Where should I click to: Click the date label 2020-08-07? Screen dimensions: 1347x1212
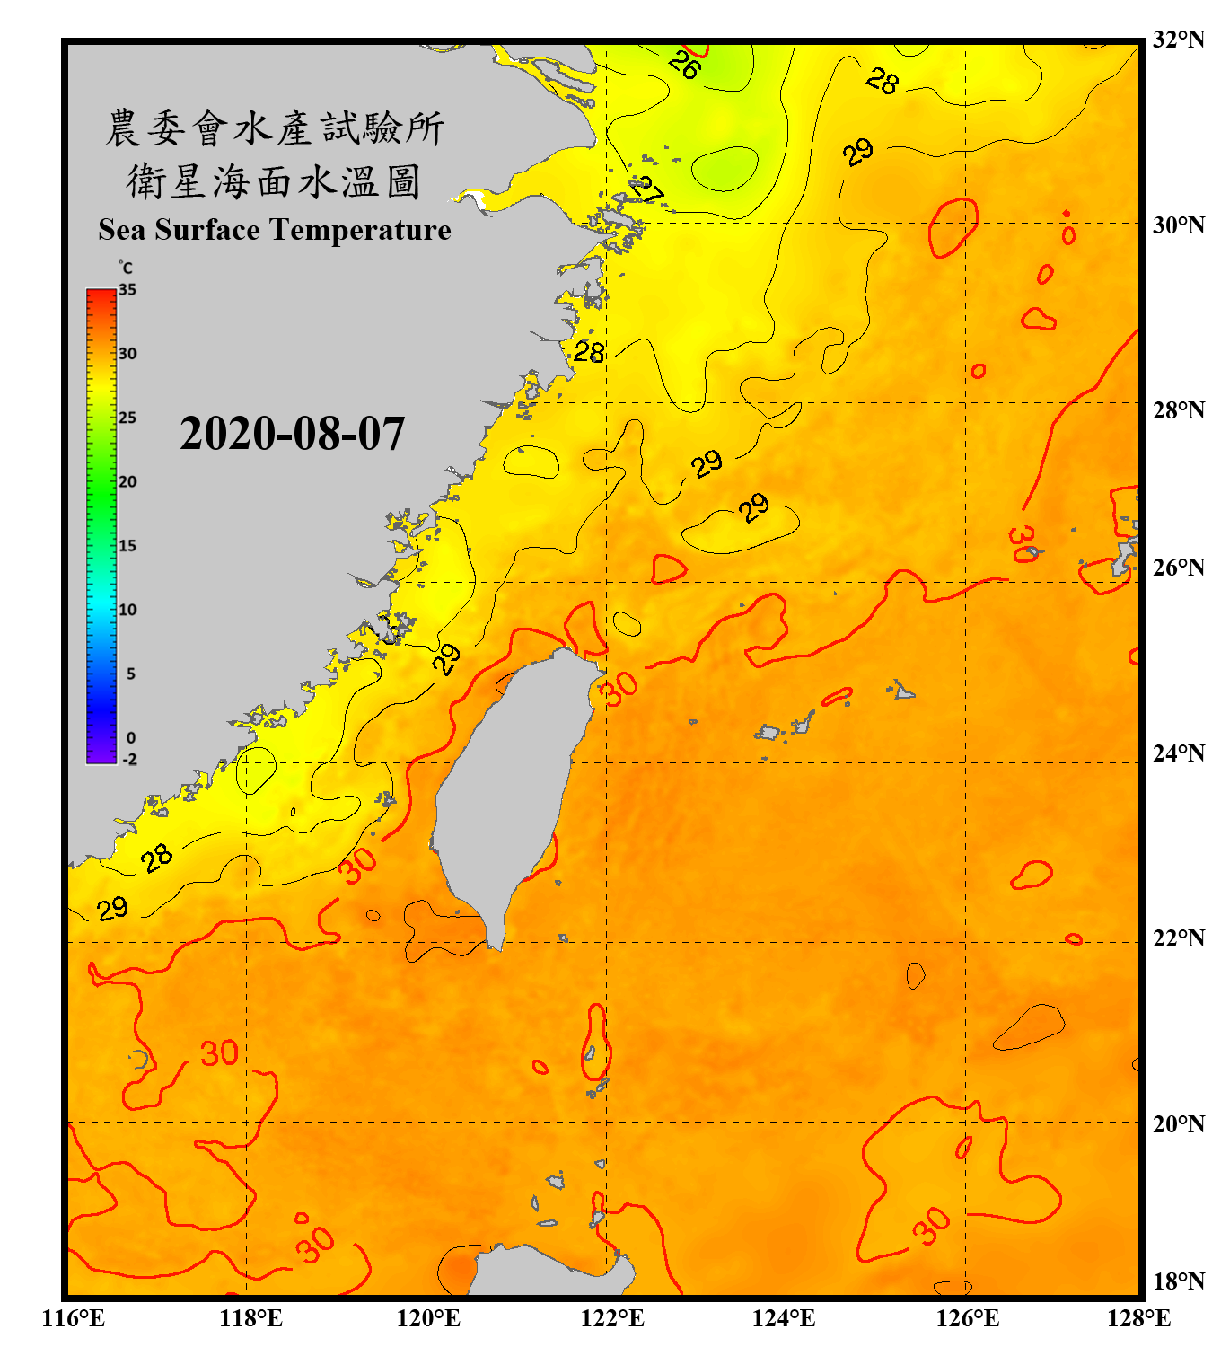(292, 433)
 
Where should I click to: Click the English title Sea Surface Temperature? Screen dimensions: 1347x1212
(274, 230)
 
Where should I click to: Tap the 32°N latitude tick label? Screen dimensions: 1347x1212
(1178, 40)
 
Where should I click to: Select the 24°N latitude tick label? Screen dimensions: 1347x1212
(1178, 753)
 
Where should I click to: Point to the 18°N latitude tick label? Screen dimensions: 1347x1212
(1178, 1281)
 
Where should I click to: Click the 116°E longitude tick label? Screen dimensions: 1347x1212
(74, 1318)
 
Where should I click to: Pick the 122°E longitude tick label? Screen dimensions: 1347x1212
(612, 1318)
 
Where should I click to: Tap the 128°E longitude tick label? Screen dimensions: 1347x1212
(1138, 1318)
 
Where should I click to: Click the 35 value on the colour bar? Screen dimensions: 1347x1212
(127, 290)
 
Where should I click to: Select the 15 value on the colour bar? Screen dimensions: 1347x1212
(127, 546)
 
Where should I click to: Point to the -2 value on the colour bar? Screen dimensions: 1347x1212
(129, 760)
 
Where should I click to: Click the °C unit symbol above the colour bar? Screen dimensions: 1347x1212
(125, 268)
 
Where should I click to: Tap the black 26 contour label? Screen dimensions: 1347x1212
(684, 65)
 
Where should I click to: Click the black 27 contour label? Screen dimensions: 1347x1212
(646, 190)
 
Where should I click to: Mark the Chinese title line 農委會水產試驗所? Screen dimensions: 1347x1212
(274, 128)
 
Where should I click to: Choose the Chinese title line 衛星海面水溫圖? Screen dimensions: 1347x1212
(274, 181)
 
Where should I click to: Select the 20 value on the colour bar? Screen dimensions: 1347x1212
(127, 482)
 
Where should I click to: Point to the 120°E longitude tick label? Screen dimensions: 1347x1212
(428, 1318)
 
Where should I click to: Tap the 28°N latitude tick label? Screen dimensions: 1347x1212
(1178, 410)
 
